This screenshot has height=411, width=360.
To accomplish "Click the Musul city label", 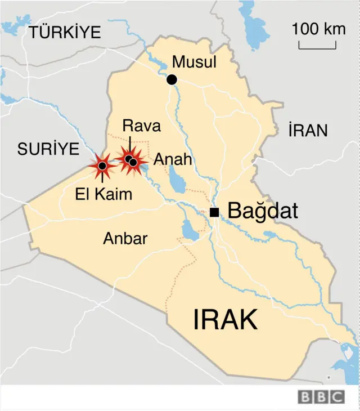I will coord(194,62).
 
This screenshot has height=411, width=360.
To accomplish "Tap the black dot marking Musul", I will coord(172,80).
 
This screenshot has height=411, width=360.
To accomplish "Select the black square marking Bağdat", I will coord(214,212).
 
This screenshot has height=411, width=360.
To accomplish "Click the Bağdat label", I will coord(262,212).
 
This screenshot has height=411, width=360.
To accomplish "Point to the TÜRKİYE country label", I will coord(65,32).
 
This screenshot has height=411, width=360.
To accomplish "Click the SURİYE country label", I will coord(48,149).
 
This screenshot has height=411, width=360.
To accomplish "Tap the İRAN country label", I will coord(307,131).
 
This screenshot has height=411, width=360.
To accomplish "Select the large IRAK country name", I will coord(226,320).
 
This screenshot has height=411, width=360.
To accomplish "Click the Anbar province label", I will coord(125,239).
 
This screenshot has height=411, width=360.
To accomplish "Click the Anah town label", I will coord(173,159).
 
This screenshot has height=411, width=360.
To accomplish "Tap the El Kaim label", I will coord(104,195).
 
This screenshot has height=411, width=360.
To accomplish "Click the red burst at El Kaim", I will coord(102,166).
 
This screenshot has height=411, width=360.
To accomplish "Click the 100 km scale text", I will coord(319,29).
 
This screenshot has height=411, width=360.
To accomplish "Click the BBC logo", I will coord(321,396).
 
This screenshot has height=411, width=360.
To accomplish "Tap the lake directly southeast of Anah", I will coord(178,182).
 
